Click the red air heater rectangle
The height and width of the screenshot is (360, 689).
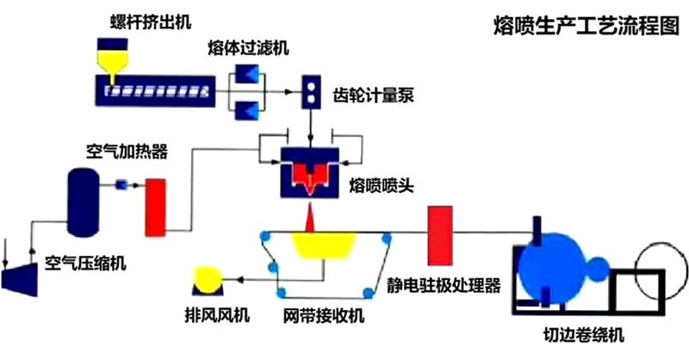click(x=155, y=208)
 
